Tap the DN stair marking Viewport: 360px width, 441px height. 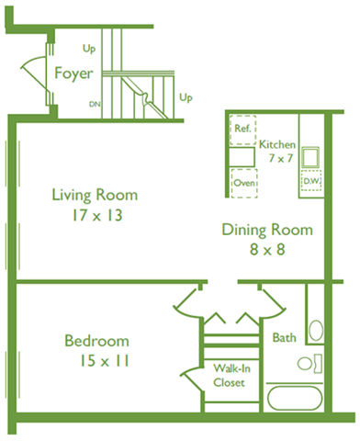95,104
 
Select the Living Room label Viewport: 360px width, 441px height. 94,195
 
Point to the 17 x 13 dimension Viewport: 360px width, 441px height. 94,216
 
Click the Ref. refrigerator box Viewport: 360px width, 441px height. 242,130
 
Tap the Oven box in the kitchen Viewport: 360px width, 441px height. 243,183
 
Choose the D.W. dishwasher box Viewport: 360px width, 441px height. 309,182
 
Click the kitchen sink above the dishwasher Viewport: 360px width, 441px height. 310,155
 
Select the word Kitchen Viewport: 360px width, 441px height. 277,145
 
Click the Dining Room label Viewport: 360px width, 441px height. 267,230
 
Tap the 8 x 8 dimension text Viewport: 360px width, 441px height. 267,251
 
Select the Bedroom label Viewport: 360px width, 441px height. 96,342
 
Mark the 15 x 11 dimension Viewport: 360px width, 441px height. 96,362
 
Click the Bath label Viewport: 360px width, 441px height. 284,338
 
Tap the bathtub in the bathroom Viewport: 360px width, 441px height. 292,401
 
